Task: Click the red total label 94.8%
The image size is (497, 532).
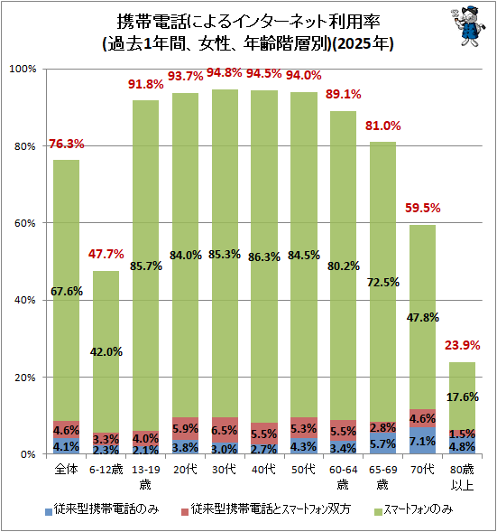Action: tap(225, 72)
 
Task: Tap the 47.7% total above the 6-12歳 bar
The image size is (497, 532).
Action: tap(106, 254)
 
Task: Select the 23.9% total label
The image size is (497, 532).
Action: tap(462, 345)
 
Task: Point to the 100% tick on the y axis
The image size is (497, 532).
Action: tap(23, 69)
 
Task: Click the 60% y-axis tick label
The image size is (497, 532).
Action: tap(24, 223)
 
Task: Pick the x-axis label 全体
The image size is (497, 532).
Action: tap(67, 470)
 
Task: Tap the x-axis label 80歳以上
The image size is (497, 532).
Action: tap(462, 478)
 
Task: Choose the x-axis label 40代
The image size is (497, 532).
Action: tap(264, 470)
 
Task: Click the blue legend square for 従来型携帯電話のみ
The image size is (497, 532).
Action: tap(49, 511)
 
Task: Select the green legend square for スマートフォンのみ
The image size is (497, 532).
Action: tap(379, 511)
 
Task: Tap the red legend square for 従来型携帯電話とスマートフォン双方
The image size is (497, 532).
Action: tap(185, 511)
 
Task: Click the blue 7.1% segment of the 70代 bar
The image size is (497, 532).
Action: tap(422, 441)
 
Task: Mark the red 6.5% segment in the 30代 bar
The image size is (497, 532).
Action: tap(225, 430)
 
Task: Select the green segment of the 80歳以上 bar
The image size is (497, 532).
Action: tap(462, 396)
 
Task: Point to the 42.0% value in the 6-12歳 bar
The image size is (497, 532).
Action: tap(106, 352)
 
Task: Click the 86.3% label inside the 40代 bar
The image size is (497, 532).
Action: tap(264, 257)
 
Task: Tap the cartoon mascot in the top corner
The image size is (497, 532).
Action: tap(468, 26)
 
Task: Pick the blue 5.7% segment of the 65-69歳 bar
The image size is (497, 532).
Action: tap(382, 443)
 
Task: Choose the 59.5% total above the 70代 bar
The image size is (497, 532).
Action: tap(422, 208)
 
